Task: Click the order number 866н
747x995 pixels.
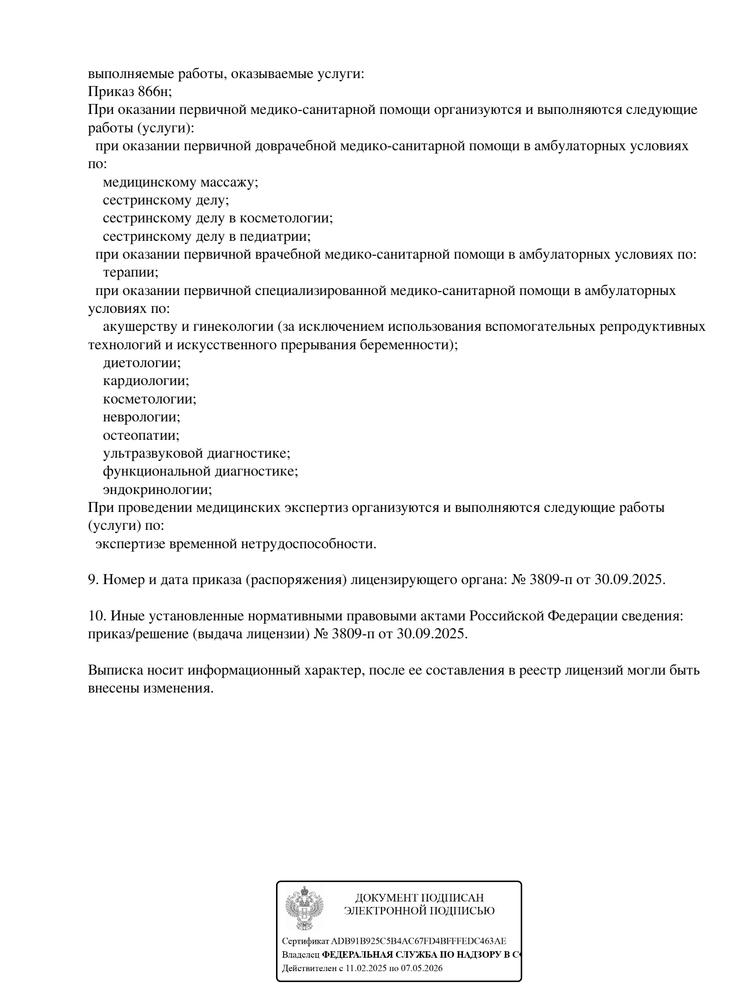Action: tap(154, 92)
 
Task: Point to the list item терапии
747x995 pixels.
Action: tap(130, 273)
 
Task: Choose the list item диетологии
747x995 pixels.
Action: tap(141, 363)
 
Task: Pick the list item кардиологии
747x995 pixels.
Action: tap(146, 381)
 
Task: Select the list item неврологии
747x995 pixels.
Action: tap(141, 417)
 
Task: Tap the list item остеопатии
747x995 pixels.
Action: tap(141, 435)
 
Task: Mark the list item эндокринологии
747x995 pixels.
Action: tap(157, 490)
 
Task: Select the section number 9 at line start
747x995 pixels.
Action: tap(93, 580)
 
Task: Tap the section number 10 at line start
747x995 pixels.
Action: tap(96, 616)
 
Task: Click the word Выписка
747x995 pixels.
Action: tap(115, 670)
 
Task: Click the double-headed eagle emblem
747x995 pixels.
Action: tap(304, 908)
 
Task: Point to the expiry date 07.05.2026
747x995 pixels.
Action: tap(422, 968)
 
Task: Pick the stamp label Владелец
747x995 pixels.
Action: tap(300, 955)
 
